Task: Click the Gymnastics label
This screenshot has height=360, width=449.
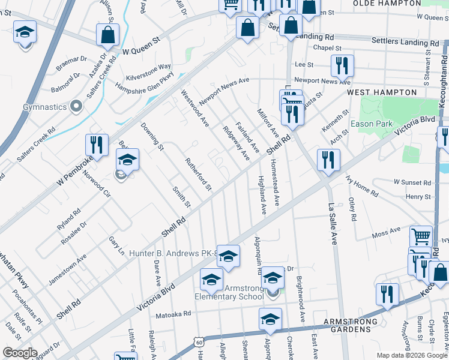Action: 44,107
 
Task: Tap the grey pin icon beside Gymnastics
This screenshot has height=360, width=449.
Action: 76,107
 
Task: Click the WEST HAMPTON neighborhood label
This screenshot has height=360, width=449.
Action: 381,92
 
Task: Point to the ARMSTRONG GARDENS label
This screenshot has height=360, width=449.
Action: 351,322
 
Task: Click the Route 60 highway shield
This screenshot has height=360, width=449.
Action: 199,341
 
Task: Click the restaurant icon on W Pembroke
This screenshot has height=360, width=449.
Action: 96,145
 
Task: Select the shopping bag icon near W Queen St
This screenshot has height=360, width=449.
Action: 107,35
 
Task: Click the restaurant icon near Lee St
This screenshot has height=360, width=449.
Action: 342,65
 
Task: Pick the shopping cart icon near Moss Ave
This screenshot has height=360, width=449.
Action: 421,237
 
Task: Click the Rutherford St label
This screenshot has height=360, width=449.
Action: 198,175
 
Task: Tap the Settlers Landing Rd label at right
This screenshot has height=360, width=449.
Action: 405,43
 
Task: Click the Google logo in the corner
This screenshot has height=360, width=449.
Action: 20,353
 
